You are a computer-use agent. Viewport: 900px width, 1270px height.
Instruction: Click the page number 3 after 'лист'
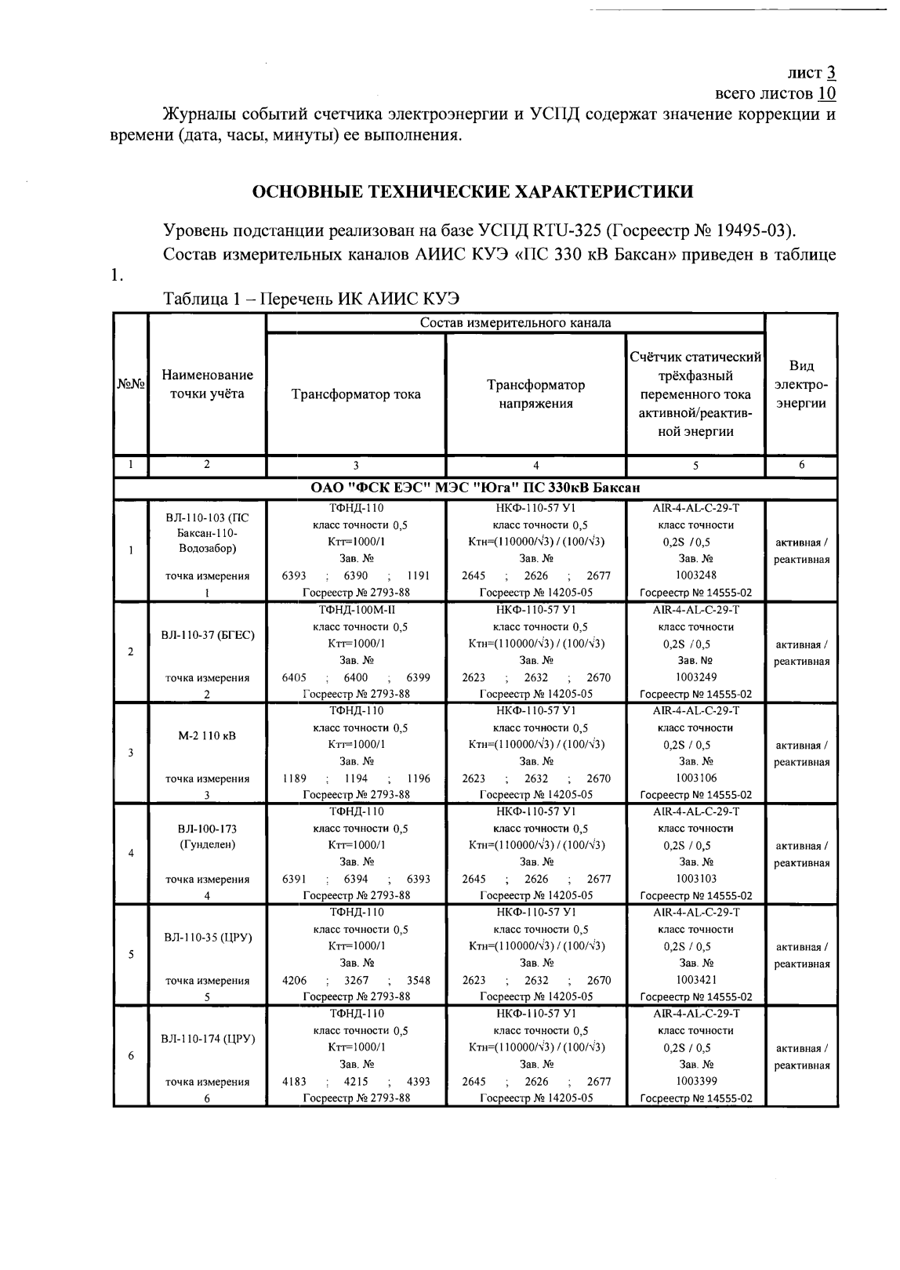(x=829, y=73)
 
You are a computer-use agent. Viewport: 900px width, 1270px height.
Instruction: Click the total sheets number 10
(x=827, y=94)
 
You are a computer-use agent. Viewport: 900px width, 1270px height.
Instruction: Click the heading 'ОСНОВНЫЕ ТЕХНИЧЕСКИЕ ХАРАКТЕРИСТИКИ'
(x=471, y=191)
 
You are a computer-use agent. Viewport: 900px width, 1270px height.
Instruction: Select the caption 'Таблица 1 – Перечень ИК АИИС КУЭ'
(x=310, y=299)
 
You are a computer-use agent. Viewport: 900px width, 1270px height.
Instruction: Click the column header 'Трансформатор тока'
(x=356, y=394)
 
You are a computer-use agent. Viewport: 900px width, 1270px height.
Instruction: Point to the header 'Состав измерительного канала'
(x=515, y=323)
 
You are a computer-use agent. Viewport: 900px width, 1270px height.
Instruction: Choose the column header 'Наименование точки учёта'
(x=207, y=384)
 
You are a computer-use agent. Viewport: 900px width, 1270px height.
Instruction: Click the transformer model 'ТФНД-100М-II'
(x=356, y=609)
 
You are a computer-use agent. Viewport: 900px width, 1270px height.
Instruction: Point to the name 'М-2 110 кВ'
(x=207, y=736)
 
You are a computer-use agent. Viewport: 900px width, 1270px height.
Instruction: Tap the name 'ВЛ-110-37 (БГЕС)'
(x=207, y=634)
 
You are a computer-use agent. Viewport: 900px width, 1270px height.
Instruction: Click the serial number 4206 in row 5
(x=294, y=980)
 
